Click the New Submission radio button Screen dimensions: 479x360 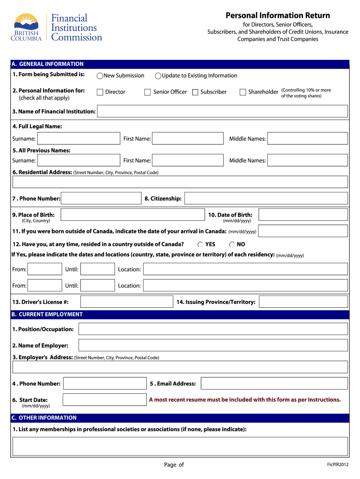coord(100,76)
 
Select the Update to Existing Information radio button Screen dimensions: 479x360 coord(158,76)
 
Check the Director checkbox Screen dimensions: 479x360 coord(100,92)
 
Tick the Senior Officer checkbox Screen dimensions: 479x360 coord(148,92)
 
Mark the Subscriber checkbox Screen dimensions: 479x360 coord(195,92)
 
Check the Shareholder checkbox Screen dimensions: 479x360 coord(243,92)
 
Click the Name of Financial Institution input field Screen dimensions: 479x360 coord(222,111)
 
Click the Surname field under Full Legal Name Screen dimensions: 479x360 coord(79,138)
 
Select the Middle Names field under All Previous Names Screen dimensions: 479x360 coord(307,160)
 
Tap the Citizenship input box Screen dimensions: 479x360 coord(266,198)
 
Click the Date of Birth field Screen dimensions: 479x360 coord(303,215)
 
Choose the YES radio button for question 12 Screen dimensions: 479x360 coord(200,244)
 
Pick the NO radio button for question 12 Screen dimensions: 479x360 coord(232,244)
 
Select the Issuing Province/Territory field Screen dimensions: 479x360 coord(303,302)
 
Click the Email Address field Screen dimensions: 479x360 coord(274,384)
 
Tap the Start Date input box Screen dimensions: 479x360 coord(104,399)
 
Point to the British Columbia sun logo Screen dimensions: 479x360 coord(26,24)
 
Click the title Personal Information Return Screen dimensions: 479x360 coord(278,15)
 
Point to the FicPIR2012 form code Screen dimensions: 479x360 coord(338,464)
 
